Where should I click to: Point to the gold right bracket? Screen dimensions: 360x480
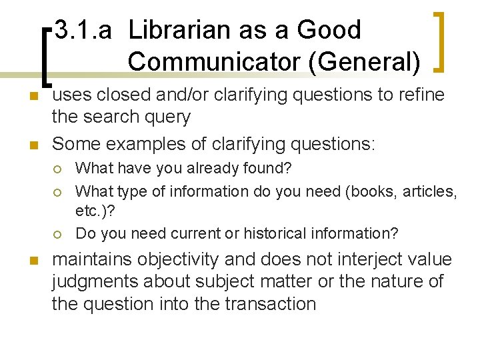[440, 41]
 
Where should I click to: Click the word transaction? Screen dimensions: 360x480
[271, 304]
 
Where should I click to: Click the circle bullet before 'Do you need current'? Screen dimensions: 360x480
[59, 234]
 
